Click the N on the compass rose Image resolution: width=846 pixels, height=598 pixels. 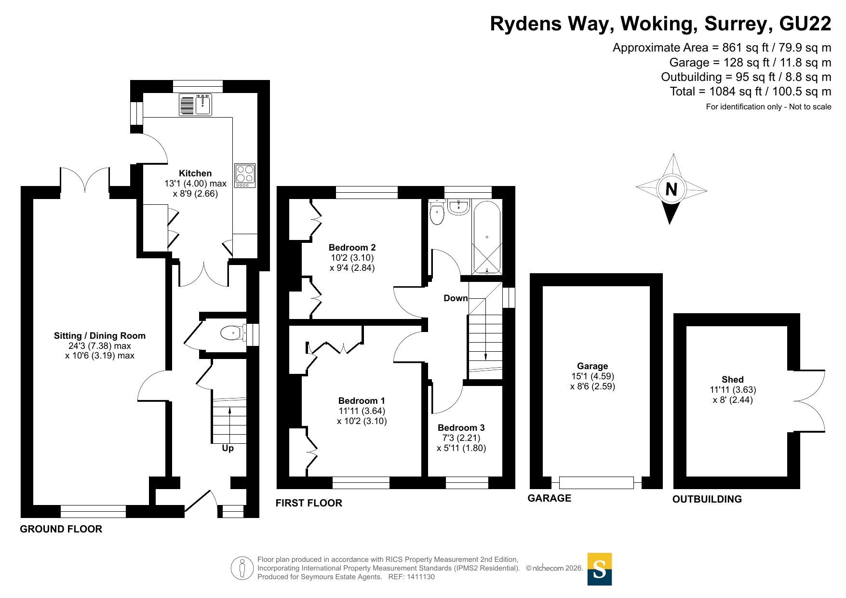[x=671, y=189]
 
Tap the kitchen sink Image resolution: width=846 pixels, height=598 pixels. [x=195, y=105]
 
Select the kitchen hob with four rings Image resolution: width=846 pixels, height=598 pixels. [x=245, y=176]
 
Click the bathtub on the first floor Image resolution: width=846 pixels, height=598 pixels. [x=487, y=238]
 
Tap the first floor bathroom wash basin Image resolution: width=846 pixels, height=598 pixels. [x=458, y=207]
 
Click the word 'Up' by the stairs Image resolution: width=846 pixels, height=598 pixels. [x=228, y=448]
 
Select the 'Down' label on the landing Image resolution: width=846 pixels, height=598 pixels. [x=456, y=298]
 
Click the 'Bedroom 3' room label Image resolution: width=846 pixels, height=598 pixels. [x=461, y=428]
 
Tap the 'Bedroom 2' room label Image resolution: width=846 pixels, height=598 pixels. [x=352, y=248]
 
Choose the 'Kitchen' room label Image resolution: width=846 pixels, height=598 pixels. [x=195, y=173]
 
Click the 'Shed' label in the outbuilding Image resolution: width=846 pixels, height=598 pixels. [x=733, y=380]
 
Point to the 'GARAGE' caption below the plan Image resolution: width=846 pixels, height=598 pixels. [x=550, y=498]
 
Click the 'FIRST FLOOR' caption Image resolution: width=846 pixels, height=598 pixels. [x=309, y=503]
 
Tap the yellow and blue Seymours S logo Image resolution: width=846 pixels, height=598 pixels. [x=600, y=569]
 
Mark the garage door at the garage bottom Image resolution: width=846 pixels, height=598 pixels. [x=596, y=482]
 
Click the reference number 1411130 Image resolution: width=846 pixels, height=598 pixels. [x=421, y=577]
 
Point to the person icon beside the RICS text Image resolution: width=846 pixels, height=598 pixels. [x=242, y=568]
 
